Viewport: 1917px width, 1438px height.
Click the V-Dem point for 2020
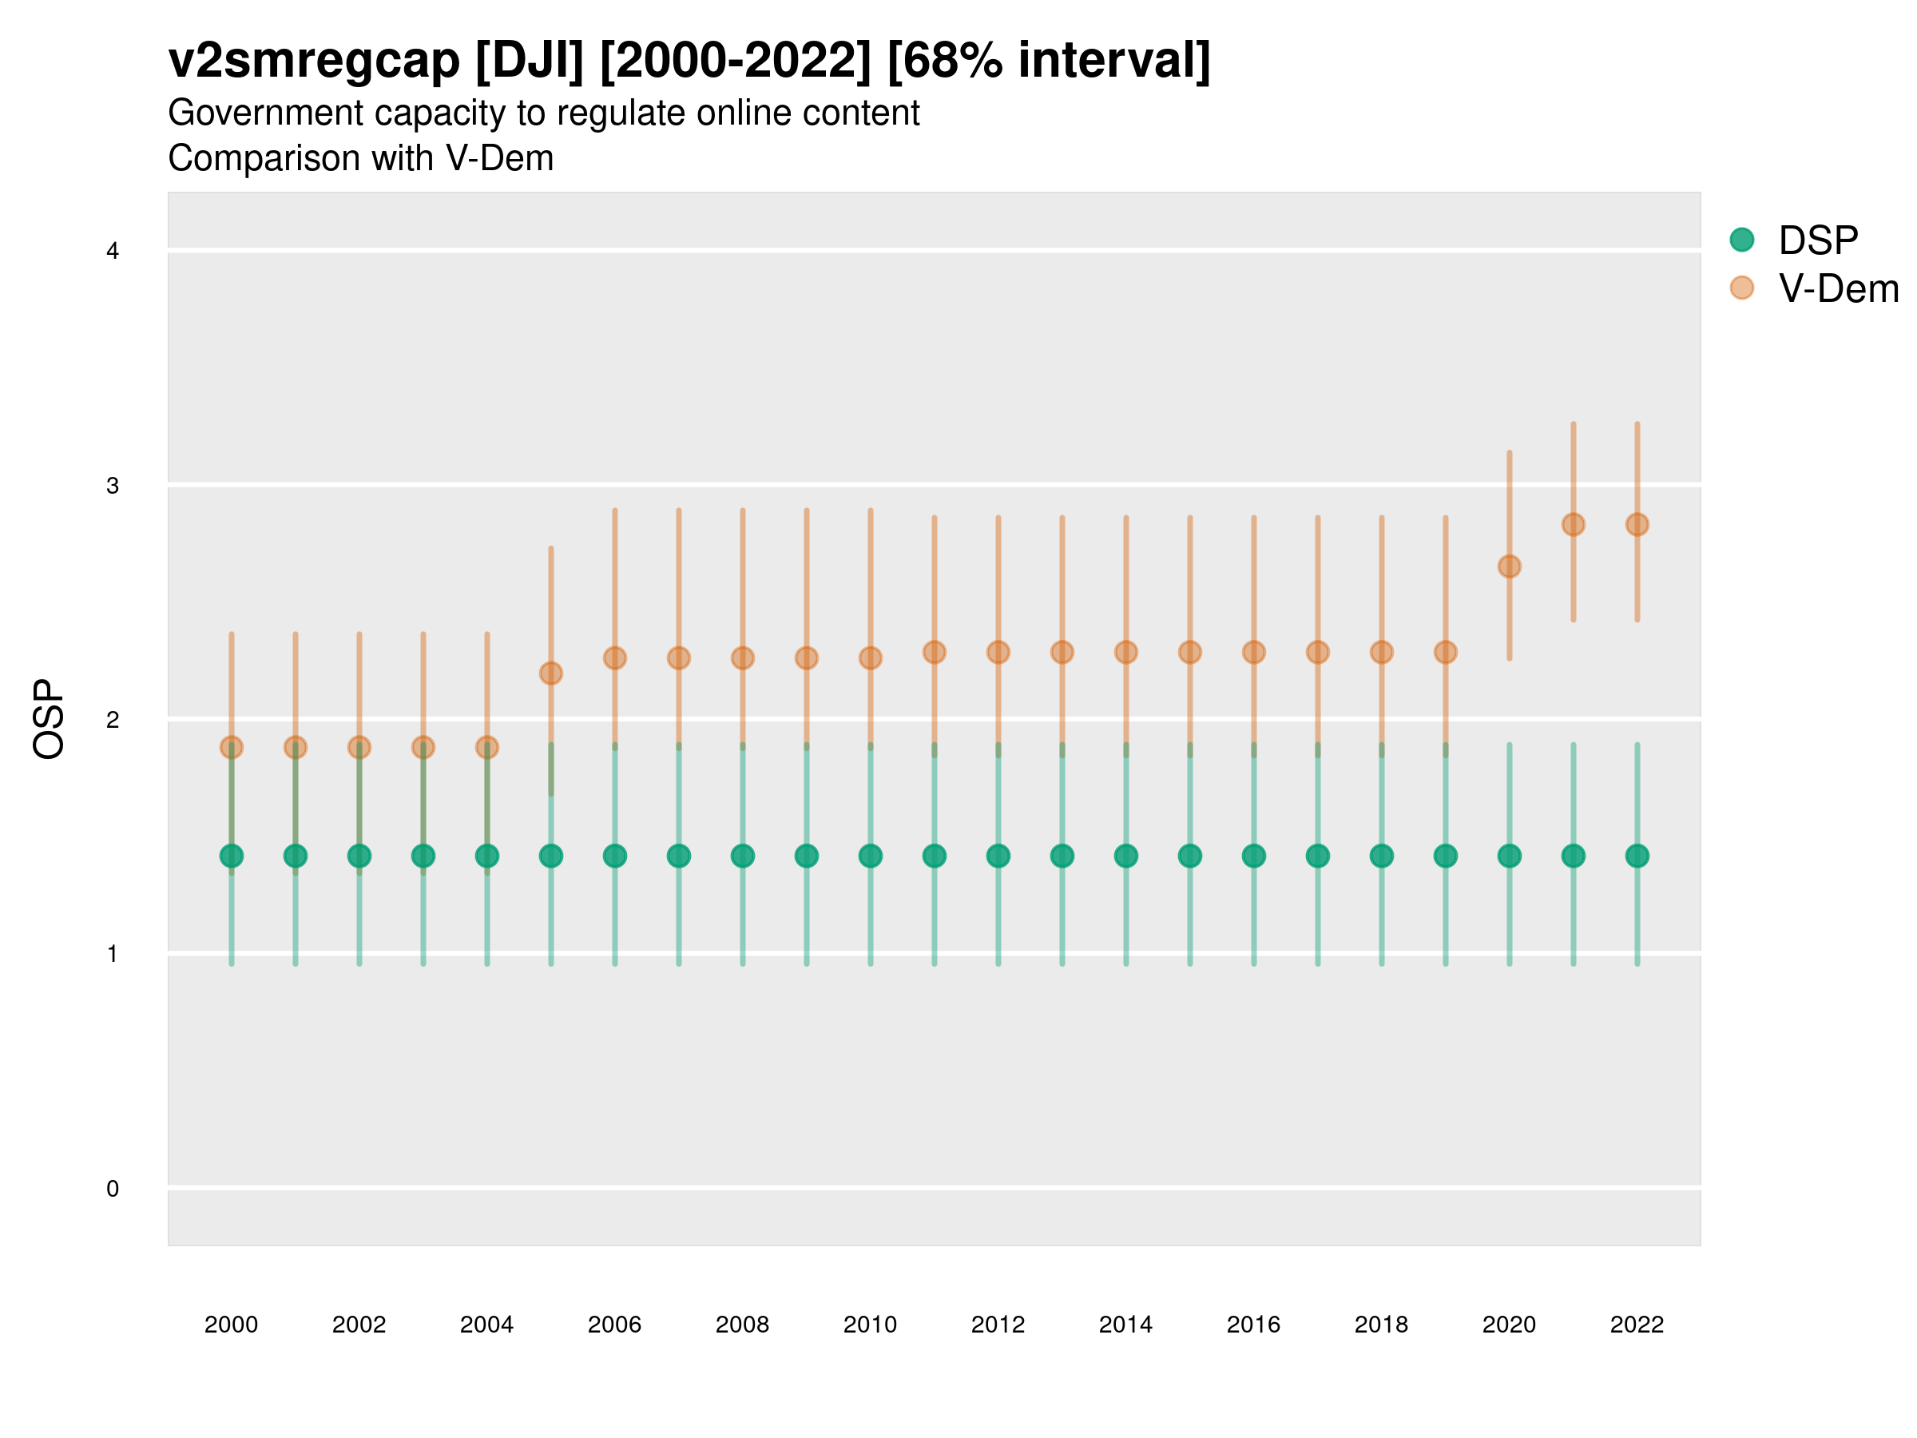point(1509,566)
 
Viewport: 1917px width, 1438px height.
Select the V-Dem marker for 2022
point(1637,524)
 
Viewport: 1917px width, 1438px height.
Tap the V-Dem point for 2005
point(551,673)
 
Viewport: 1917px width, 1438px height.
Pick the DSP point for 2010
point(870,856)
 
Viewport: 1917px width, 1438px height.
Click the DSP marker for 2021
point(1573,856)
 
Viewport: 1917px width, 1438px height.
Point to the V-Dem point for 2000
point(232,747)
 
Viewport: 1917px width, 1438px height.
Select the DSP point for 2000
point(232,856)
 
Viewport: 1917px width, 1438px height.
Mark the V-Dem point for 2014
point(1125,652)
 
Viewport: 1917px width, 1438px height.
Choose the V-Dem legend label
point(1838,288)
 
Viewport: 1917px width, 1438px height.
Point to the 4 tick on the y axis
point(113,252)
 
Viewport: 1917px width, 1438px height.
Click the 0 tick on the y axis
point(113,1189)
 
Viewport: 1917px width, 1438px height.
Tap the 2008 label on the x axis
point(743,1325)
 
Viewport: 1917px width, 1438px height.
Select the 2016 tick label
point(1253,1325)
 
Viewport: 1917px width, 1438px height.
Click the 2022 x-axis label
point(1637,1325)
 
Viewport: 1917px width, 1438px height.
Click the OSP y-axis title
point(49,718)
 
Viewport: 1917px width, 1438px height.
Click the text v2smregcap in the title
point(314,61)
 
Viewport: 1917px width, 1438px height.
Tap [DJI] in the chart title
point(530,61)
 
